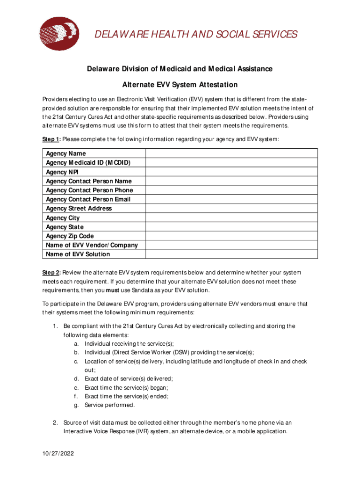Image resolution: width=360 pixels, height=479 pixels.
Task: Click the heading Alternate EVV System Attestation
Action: pos(180,85)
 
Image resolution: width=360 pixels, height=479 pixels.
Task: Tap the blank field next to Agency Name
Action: pos(231,153)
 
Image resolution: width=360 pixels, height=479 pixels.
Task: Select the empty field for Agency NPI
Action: pos(231,172)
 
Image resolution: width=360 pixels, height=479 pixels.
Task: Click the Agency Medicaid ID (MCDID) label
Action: pos(88,163)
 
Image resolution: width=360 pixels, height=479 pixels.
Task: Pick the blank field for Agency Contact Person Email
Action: pos(231,199)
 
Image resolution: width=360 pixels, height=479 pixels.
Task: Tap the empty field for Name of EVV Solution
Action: pos(231,254)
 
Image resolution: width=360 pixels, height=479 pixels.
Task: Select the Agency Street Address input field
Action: pos(231,209)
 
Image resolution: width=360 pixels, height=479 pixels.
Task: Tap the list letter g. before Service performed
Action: pos(76,405)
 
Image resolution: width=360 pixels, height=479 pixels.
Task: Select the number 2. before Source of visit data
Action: pos(55,422)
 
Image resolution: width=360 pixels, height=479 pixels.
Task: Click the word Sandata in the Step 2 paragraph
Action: pos(136,290)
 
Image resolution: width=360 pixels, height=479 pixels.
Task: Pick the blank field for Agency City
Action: pos(231,218)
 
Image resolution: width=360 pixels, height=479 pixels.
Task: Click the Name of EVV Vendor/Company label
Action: pos(92,245)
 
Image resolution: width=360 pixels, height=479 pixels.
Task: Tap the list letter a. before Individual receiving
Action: pos(76,344)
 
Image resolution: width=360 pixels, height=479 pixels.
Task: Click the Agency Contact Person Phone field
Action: pos(231,190)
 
